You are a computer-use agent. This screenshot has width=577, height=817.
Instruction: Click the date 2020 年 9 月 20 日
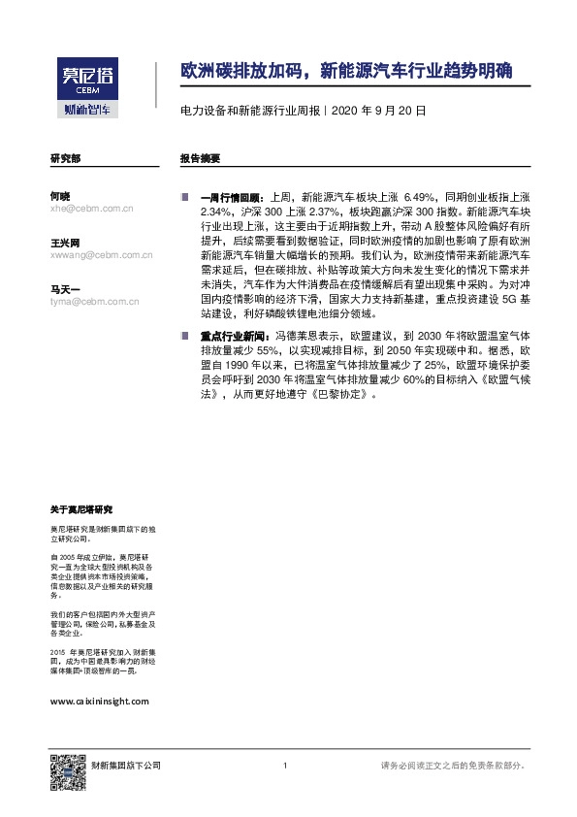click(378, 112)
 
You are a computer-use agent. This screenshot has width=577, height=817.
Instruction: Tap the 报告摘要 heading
click(200, 157)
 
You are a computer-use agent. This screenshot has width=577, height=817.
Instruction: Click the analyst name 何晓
click(59, 196)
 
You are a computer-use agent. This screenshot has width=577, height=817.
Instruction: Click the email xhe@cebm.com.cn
click(91, 208)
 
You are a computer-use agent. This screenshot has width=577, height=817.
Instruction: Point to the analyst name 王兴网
click(65, 242)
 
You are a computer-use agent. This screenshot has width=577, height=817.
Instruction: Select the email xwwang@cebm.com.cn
click(101, 254)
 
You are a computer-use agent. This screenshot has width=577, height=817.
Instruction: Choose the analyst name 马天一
click(65, 288)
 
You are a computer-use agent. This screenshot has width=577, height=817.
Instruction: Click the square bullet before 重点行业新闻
click(185, 335)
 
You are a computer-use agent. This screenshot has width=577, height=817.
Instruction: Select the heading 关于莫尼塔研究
click(81, 508)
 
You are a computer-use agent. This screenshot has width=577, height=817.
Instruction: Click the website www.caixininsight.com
click(98, 700)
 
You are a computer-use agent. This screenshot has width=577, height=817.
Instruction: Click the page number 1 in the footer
click(285, 766)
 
